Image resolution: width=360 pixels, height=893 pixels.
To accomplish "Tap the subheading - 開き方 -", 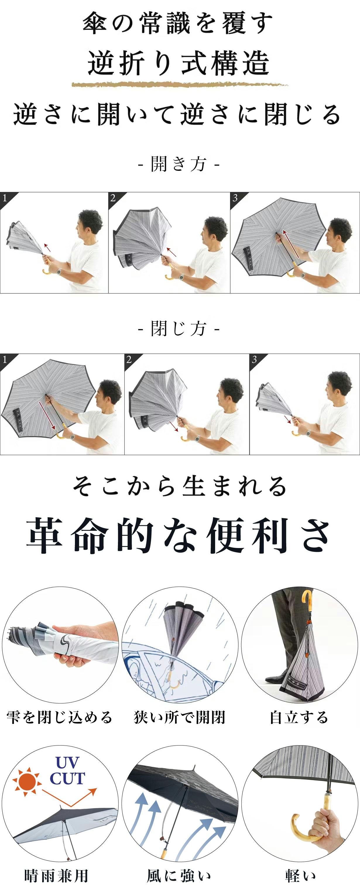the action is pos(179,164).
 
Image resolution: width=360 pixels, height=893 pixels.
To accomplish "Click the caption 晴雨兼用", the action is pos(56,876).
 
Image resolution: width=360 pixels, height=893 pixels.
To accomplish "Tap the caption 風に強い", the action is pos(179,876).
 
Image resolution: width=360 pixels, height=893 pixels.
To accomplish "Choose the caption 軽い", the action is pos(300,876).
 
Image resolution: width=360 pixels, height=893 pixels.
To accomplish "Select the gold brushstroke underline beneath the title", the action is pos(180,84).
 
